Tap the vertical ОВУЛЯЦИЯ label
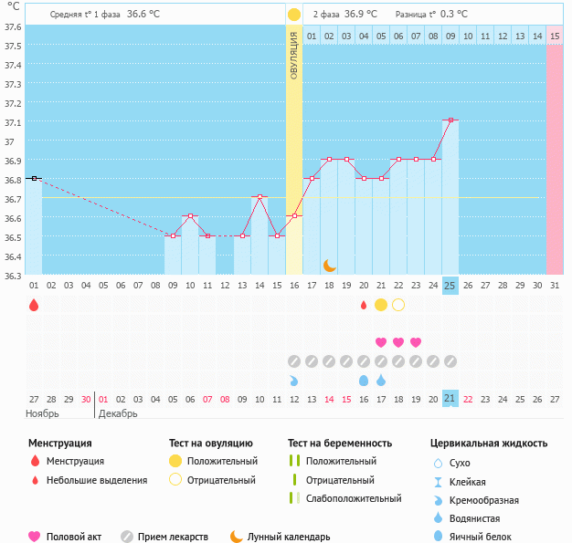294,56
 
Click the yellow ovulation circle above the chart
294,15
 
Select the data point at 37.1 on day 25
450,120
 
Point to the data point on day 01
34,178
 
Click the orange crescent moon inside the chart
330,265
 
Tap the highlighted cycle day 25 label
450,286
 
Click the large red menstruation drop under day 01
34,305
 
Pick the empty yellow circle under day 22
398,305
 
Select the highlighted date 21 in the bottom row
450,399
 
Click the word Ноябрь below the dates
42,413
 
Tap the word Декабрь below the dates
119,413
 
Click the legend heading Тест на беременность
339,444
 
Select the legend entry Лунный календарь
289,537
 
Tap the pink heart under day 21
381,342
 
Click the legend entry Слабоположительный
354,498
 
